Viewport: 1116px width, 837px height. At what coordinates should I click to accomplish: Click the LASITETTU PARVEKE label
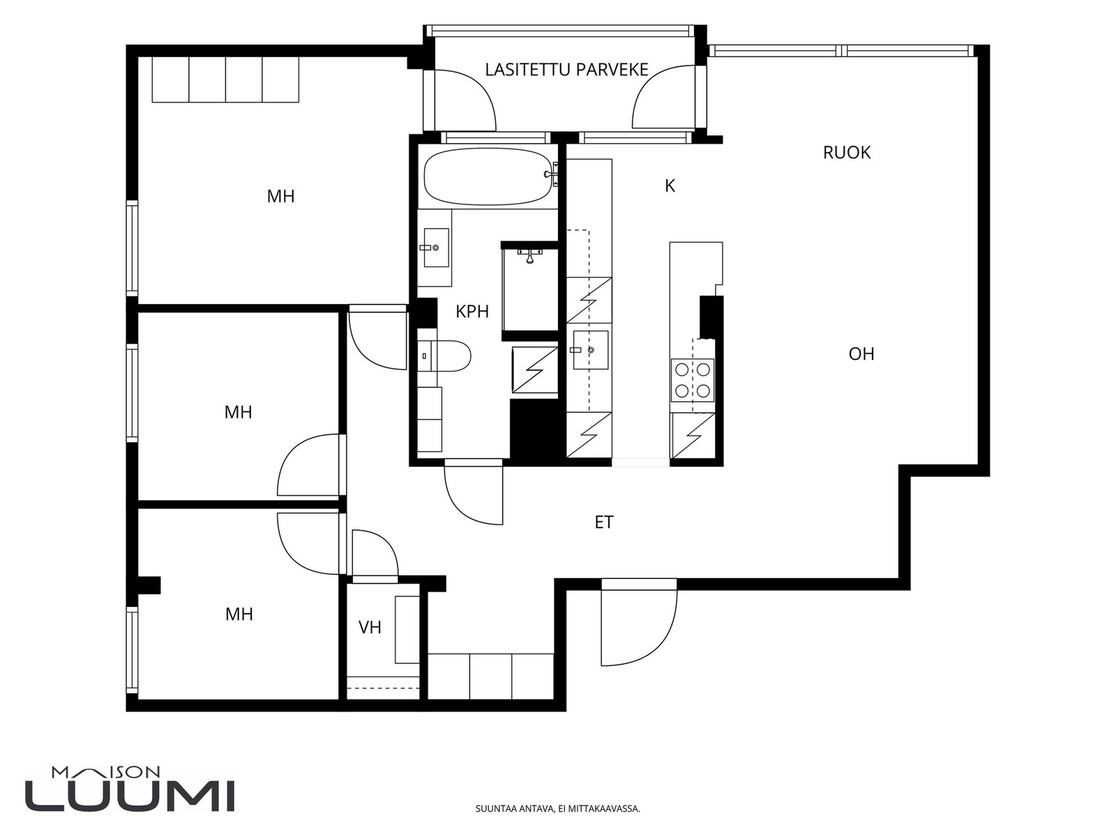(566, 70)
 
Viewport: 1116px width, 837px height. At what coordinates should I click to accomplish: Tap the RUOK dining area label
(847, 153)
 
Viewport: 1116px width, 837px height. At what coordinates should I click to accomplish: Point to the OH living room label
(861, 354)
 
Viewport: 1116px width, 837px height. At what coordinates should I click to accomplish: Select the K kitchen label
(670, 186)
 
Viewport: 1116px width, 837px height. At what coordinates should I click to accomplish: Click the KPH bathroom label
(472, 312)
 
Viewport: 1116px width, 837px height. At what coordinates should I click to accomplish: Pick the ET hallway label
(604, 522)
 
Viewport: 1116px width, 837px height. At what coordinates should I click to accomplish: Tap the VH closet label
(370, 628)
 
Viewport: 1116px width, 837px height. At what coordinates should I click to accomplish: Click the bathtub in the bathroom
(488, 177)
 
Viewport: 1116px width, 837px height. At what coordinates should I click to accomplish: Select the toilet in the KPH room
(444, 356)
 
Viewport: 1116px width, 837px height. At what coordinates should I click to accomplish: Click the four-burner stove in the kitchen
(693, 379)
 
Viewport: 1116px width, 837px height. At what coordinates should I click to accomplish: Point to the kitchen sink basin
(590, 349)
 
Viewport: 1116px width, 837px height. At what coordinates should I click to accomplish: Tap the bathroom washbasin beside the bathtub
(435, 248)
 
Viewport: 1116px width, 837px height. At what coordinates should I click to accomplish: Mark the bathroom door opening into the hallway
(474, 492)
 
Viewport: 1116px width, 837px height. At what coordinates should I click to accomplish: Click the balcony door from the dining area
(665, 96)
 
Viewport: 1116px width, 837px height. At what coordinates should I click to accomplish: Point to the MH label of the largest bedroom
(280, 196)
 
